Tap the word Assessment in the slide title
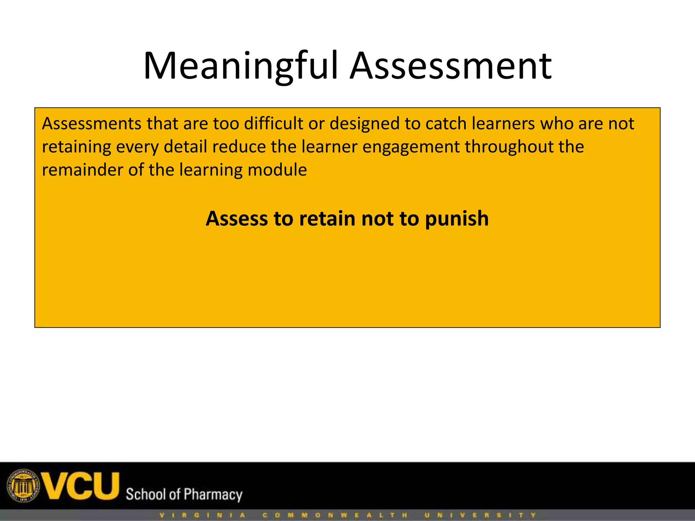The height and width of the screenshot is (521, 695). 451,66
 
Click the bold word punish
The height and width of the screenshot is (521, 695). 457,219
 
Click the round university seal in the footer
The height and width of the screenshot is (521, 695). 23,486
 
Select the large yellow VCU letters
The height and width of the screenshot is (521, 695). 80,486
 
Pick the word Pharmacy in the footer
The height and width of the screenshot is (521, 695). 213,495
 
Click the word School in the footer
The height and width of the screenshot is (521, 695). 146,494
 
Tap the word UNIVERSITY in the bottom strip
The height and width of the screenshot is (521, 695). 480,515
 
